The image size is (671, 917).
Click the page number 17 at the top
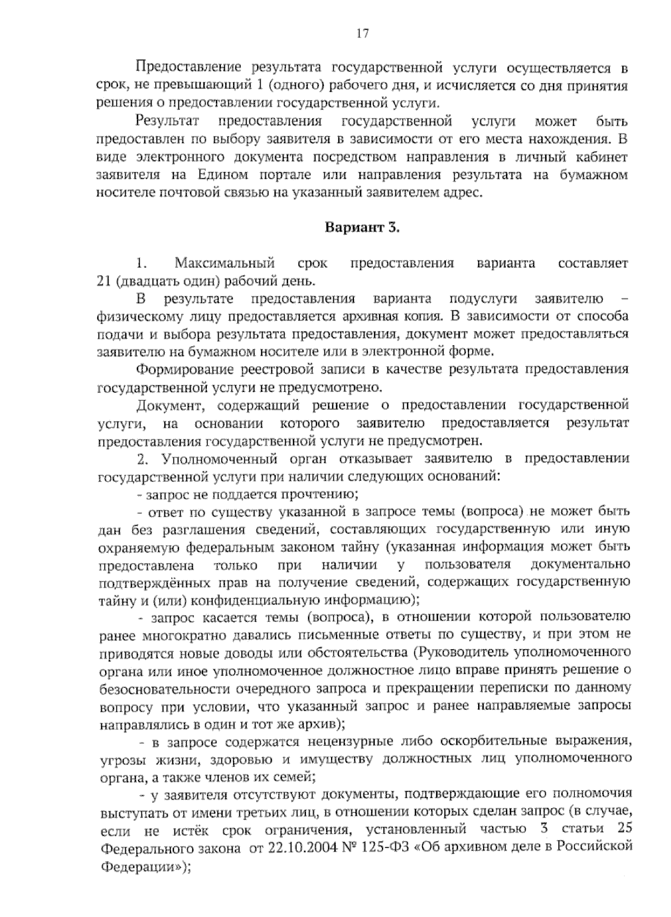pyautogui.click(x=362, y=34)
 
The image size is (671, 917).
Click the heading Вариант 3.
pyautogui.click(x=362, y=228)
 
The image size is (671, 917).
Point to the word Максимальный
pyautogui.click(x=224, y=263)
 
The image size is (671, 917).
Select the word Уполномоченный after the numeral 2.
pyautogui.click(x=220, y=459)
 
